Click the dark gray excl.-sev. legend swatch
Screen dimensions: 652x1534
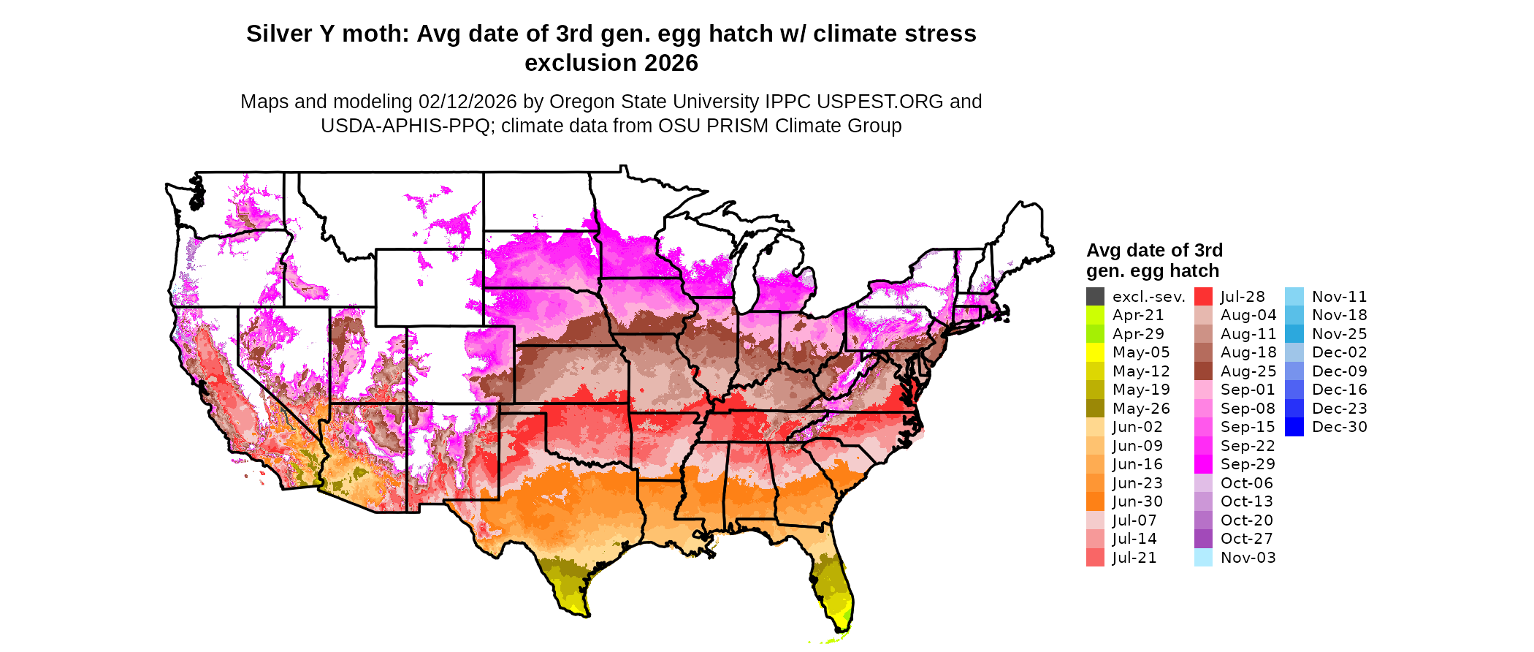(1095, 297)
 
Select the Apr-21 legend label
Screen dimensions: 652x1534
(1137, 315)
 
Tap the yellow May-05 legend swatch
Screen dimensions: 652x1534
(1095, 352)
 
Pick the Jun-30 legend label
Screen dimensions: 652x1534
(1137, 501)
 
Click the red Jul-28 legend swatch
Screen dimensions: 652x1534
(1203, 297)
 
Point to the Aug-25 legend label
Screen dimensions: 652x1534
(1248, 371)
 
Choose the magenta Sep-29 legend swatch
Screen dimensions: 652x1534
(1203, 464)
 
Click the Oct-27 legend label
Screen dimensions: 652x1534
(1247, 539)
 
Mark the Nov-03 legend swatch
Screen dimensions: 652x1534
(1203, 558)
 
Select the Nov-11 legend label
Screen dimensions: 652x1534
(1339, 297)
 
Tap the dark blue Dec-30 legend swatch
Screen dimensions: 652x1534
(1294, 427)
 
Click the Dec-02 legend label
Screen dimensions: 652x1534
(1339, 352)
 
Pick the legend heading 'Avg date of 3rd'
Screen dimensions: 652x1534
(1154, 250)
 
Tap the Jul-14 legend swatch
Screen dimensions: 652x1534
(1095, 539)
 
